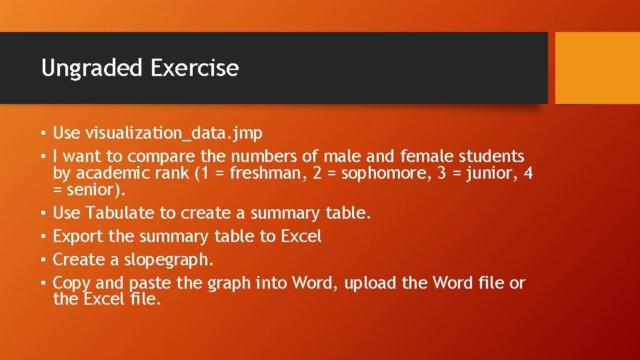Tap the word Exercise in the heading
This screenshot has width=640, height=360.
pos(195,68)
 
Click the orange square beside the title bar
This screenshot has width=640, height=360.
pos(597,68)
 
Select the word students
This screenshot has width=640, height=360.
pos(491,157)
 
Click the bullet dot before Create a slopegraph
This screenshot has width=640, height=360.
pos(43,260)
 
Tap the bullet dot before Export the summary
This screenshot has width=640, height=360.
pos(43,237)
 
